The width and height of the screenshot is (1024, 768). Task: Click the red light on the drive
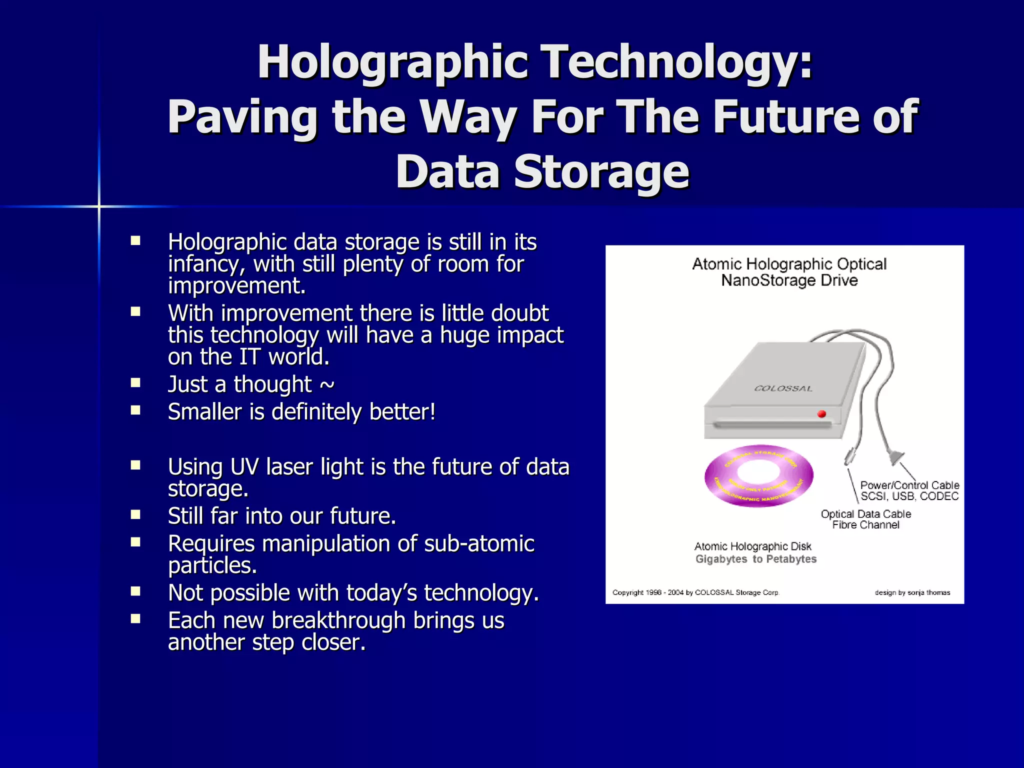pos(821,414)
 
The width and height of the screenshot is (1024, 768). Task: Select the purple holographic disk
pos(758,475)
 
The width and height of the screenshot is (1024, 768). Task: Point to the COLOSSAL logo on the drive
pos(783,388)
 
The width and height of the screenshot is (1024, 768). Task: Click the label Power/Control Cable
pos(909,485)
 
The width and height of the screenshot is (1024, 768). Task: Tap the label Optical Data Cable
pos(865,514)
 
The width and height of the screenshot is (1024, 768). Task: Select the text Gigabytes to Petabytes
pos(755,559)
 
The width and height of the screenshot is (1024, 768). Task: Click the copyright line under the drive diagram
pos(695,592)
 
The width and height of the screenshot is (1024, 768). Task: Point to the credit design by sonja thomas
pos(912,592)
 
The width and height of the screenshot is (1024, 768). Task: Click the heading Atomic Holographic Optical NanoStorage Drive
pos(789,272)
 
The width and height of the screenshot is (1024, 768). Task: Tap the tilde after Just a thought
pos(327,384)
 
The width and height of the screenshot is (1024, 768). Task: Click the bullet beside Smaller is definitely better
pos(135,410)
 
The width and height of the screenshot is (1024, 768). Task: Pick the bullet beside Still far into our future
pos(135,514)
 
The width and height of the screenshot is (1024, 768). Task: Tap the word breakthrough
pos(338,620)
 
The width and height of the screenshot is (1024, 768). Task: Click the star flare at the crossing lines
pos(99,206)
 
